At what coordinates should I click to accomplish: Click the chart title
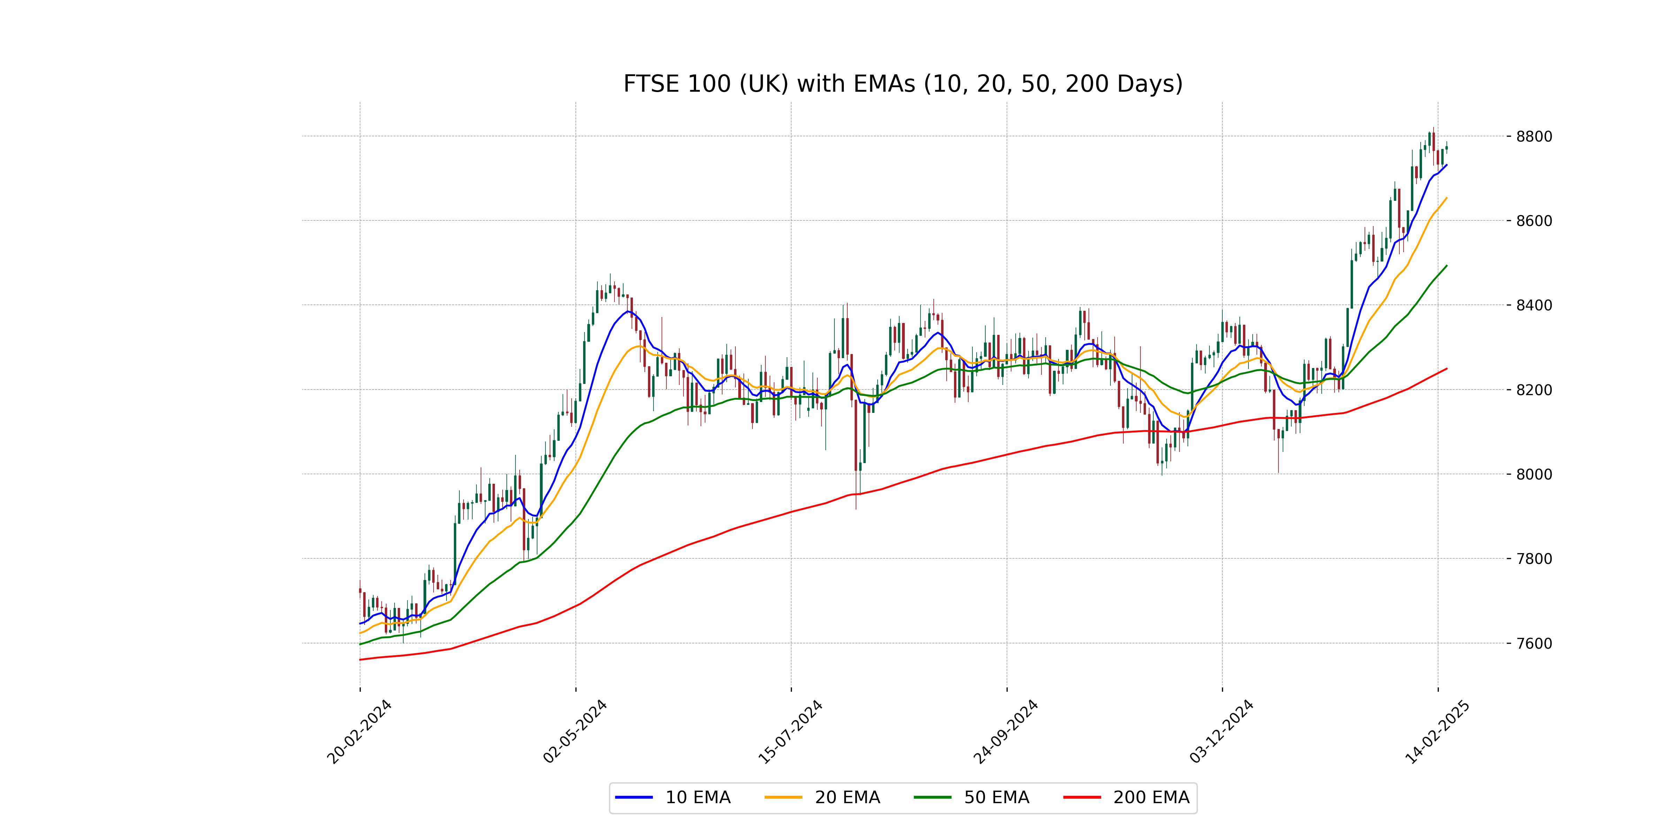[x=903, y=84]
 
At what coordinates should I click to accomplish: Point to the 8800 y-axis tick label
[x=1534, y=136]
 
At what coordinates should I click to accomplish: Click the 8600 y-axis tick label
[x=1534, y=221]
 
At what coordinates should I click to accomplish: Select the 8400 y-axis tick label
[x=1534, y=306]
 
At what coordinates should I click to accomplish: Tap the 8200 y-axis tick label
[x=1534, y=390]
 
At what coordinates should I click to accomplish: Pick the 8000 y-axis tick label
[x=1534, y=474]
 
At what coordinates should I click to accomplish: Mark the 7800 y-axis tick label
[x=1534, y=559]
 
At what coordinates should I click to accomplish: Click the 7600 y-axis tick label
[x=1534, y=643]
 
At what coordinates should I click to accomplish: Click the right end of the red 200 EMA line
[x=1446, y=369]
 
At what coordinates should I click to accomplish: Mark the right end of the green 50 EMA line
[x=1446, y=266]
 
